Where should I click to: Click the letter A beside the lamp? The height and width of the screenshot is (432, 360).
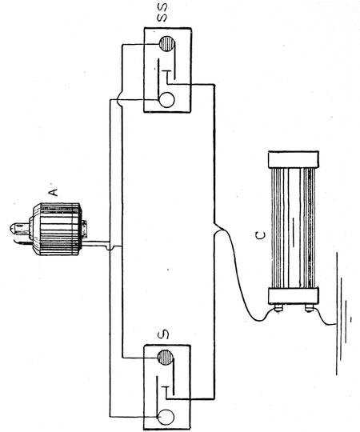point(54,192)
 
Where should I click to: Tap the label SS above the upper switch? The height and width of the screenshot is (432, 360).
point(162,14)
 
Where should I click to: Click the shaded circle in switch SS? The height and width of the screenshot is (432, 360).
point(166,44)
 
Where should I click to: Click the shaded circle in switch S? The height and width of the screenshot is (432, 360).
point(166,358)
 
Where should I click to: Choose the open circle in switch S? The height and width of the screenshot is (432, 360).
point(166,417)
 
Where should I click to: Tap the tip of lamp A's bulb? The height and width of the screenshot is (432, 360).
point(11,228)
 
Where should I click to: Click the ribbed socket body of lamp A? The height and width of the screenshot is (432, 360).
point(58,230)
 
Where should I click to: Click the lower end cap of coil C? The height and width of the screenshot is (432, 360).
point(294,295)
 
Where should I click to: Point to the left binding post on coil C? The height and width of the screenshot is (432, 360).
point(278,308)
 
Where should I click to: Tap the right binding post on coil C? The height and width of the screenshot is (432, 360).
point(310,308)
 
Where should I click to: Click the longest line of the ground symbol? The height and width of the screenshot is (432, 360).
point(336,314)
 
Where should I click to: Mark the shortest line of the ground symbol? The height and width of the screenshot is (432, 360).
point(350,319)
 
